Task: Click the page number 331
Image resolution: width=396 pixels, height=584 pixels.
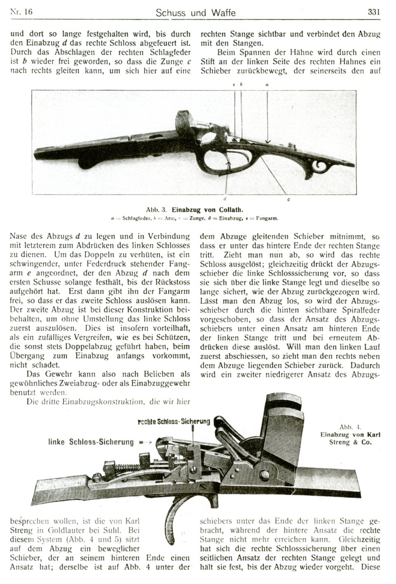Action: click(x=373, y=12)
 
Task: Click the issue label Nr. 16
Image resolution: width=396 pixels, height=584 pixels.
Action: click(x=21, y=12)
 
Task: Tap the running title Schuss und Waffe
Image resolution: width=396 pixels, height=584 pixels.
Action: click(x=196, y=13)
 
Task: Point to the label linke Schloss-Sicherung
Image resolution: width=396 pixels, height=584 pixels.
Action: click(x=90, y=442)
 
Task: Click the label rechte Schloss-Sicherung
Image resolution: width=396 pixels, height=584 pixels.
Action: click(x=174, y=421)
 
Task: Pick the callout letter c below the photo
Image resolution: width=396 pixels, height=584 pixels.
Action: click(x=288, y=199)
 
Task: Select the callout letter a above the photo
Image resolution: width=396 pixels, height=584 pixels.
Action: click(x=267, y=84)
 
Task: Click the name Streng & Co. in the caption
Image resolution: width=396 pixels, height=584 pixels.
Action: click(x=350, y=443)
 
